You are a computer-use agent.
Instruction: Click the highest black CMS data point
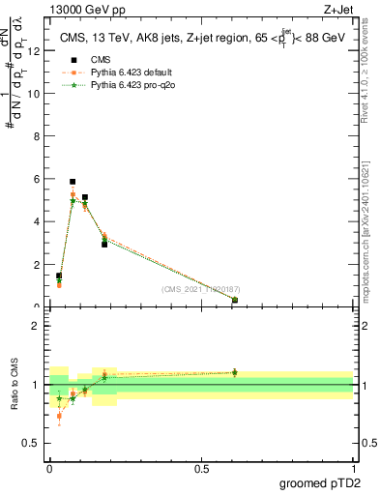coord(73,182)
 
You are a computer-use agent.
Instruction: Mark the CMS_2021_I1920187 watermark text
coord(200,289)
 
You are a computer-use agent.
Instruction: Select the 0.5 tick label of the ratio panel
coord(34,444)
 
